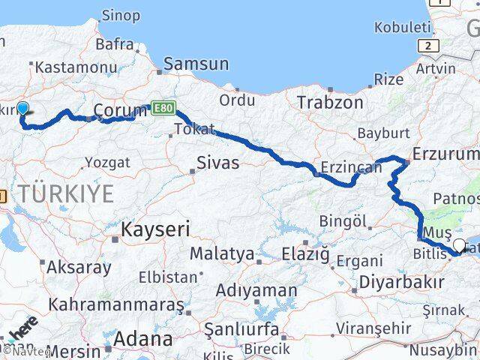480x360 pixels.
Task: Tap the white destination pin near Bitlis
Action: (460, 244)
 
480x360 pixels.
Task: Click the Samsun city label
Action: (196, 64)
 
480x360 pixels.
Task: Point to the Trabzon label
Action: (330, 101)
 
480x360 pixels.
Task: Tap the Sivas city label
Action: (217, 161)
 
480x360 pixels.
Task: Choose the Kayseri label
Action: (155, 229)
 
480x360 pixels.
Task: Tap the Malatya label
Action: (221, 253)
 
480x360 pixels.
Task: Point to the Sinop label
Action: (119, 16)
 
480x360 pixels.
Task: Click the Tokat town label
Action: (193, 129)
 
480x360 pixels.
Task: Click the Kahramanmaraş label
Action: (115, 304)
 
